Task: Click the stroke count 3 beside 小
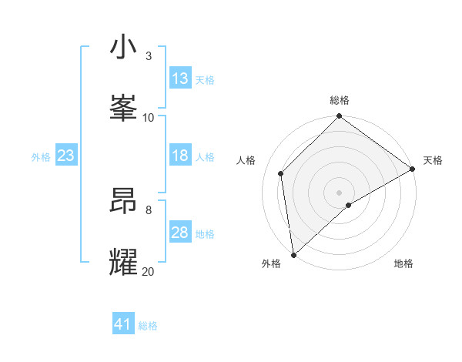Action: pyautogui.click(x=149, y=55)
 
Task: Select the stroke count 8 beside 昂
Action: pyautogui.click(x=149, y=209)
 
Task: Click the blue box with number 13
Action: pyautogui.click(x=180, y=79)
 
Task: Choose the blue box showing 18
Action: pyautogui.click(x=180, y=156)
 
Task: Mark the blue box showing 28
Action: pyautogui.click(x=180, y=233)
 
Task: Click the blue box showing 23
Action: pyautogui.click(x=66, y=156)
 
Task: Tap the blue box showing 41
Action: pyautogui.click(x=123, y=325)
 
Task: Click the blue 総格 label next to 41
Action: pyautogui.click(x=148, y=326)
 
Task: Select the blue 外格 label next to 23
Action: pyautogui.click(x=41, y=156)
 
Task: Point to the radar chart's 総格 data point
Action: pyautogui.click(x=339, y=117)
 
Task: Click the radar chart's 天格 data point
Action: pyautogui.click(x=413, y=169)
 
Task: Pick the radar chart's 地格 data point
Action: pyautogui.click(x=349, y=205)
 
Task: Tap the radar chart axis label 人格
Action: pyautogui.click(x=246, y=160)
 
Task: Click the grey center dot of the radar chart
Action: pyautogui.click(x=339, y=192)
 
